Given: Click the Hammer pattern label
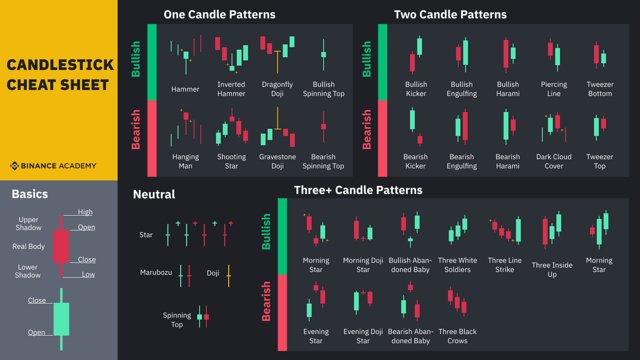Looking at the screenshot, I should click(185, 89).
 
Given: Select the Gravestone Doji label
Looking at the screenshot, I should click(277, 162).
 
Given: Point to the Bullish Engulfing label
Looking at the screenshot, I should click(461, 89).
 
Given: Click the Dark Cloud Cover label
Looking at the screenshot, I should click(554, 162).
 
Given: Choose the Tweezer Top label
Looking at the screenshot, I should click(599, 162).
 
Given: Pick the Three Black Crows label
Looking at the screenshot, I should click(458, 336).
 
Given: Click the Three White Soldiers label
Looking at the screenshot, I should click(458, 265).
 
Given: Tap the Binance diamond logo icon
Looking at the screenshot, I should click(14, 166).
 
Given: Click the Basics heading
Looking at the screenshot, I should click(30, 195).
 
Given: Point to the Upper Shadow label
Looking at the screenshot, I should click(29, 223).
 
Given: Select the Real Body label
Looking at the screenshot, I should click(29, 246).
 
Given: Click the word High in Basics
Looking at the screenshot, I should click(85, 212).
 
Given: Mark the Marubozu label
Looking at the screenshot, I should click(156, 273).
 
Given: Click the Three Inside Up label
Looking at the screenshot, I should click(552, 269).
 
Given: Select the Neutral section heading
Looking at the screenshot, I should click(154, 195).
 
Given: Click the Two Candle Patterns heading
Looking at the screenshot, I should click(450, 14).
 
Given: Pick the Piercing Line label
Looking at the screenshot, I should click(554, 89).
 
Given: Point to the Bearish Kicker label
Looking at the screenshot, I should click(415, 162).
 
